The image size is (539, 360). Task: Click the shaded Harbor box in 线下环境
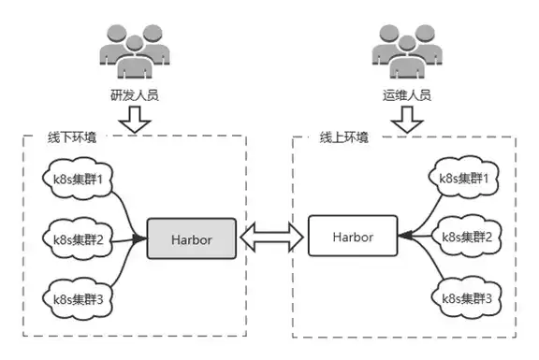pos(192,238)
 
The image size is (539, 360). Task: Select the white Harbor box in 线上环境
pos(353,236)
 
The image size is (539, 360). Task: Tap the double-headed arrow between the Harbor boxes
pos(272,237)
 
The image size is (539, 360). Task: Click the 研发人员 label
pos(135,95)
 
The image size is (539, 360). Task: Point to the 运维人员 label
pos(407,95)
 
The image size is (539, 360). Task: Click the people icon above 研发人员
pos(135,51)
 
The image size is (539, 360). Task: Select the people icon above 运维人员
pos(407,51)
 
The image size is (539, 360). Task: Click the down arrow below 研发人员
pos(135,120)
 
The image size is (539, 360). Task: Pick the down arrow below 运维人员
pos(407,120)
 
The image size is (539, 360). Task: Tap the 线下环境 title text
pos(72,137)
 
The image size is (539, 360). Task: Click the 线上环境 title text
pos(344,137)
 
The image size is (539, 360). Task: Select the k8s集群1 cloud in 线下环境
pos(78,179)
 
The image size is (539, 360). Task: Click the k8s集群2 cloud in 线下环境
pos(78,239)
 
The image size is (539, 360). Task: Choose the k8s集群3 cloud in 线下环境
pos(78,299)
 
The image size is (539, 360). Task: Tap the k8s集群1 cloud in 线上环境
pos(464,178)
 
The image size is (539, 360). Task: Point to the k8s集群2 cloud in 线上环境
pos(466,237)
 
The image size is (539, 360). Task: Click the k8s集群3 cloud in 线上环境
pos(466,298)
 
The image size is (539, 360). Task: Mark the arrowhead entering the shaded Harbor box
pos(140,238)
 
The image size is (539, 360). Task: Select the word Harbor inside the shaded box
pos(192,239)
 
